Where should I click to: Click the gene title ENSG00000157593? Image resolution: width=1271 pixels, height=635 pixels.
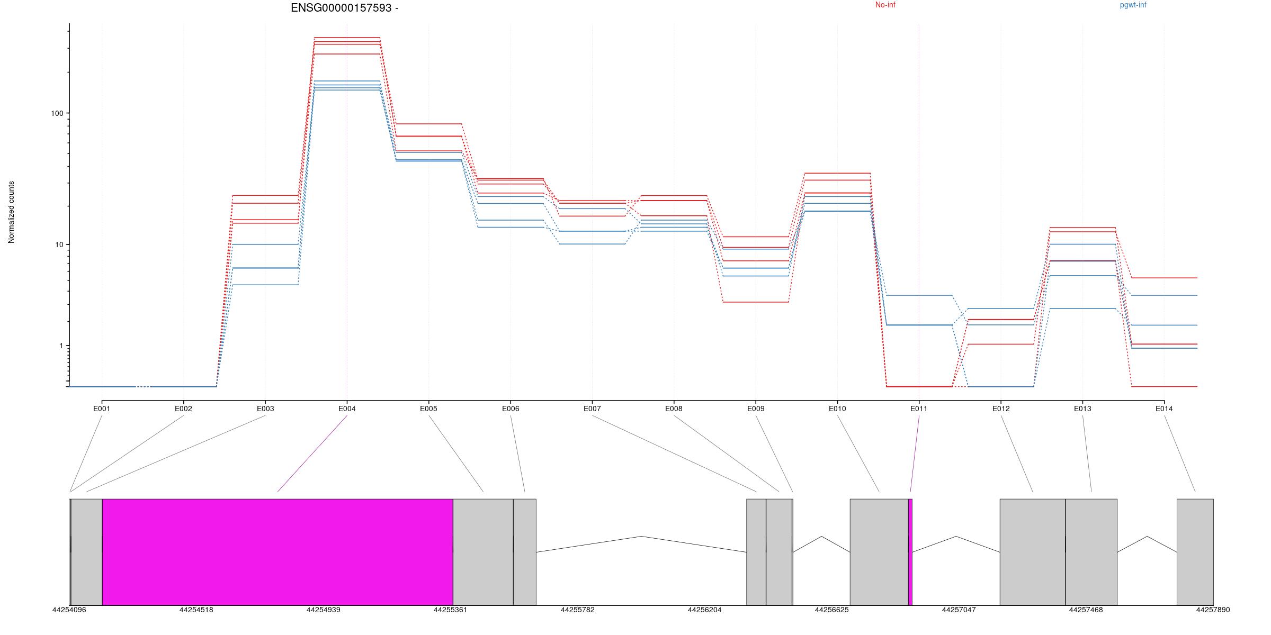(x=344, y=8)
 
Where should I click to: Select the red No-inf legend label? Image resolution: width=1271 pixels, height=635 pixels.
(x=885, y=5)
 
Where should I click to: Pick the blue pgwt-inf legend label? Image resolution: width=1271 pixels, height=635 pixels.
(x=1133, y=5)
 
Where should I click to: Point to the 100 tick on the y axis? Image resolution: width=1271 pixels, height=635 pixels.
(x=57, y=114)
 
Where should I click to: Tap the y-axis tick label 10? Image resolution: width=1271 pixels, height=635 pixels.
(x=59, y=244)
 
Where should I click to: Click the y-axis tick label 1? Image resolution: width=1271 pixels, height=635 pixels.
(x=60, y=346)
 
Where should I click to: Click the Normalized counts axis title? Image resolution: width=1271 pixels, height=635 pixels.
(x=11, y=212)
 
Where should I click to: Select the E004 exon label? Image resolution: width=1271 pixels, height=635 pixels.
(x=347, y=409)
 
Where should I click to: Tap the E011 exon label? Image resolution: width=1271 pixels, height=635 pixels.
(x=919, y=409)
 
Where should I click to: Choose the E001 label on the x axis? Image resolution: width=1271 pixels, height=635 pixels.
(x=102, y=409)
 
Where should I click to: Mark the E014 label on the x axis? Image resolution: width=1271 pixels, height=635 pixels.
(x=1164, y=409)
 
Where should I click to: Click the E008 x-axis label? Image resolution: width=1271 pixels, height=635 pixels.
(x=674, y=409)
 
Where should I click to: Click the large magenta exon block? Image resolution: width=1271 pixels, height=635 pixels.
(x=278, y=551)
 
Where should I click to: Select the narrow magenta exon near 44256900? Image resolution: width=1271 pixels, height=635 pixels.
(x=910, y=551)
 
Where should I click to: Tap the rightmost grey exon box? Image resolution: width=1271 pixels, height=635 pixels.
(x=1195, y=551)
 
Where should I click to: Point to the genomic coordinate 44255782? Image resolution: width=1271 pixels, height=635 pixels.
(x=577, y=610)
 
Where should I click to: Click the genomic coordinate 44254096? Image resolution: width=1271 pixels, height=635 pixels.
(x=69, y=610)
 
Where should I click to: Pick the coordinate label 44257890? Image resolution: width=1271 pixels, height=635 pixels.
(x=1213, y=610)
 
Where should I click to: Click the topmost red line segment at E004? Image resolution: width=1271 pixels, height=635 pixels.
(x=347, y=38)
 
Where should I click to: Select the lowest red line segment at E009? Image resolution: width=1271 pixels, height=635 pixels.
(x=756, y=302)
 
